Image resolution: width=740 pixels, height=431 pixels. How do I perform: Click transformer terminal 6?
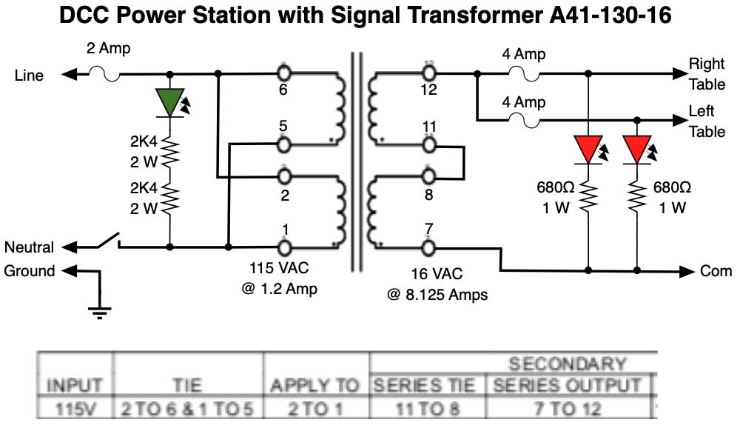click(x=283, y=73)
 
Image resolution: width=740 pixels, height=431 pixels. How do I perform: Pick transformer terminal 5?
click(x=283, y=142)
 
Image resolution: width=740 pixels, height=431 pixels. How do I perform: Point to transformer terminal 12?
click(x=428, y=73)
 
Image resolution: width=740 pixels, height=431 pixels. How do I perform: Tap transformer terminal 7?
click(x=428, y=247)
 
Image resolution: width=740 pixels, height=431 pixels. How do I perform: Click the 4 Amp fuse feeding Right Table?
click(x=529, y=73)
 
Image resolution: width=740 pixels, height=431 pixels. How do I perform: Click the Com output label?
click(x=716, y=272)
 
